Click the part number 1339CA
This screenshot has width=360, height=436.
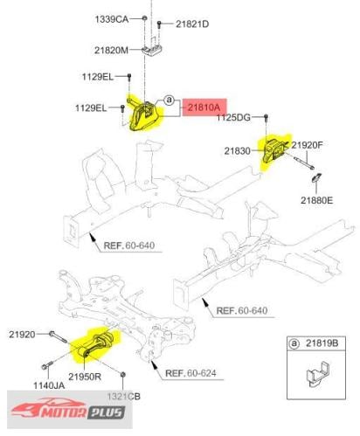pos(112,19)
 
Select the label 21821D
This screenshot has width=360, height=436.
pos(192,24)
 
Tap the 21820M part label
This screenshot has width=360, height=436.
pos(111,51)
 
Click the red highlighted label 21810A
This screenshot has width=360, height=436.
pos(204,107)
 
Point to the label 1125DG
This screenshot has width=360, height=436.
pos(233,117)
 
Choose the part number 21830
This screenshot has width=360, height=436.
pos(238,151)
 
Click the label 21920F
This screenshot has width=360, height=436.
pos(308,145)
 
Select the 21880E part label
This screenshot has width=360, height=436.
pos(317,200)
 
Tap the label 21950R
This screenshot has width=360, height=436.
pos(85,377)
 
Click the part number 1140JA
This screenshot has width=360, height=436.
pos(49,385)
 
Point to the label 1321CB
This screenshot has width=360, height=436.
pos(124,397)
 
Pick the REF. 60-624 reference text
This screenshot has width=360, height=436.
pos(190,373)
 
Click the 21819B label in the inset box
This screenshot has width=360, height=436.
pos(322,343)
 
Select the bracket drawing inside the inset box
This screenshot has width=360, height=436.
pos(318,374)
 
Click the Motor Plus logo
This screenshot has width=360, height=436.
pos(69,409)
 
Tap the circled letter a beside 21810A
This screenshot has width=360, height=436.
pos(169,100)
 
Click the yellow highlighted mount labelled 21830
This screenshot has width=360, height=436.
pos(274,150)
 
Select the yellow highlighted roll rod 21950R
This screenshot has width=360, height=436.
pos(96,344)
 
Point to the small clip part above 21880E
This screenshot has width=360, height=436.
pos(316,177)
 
